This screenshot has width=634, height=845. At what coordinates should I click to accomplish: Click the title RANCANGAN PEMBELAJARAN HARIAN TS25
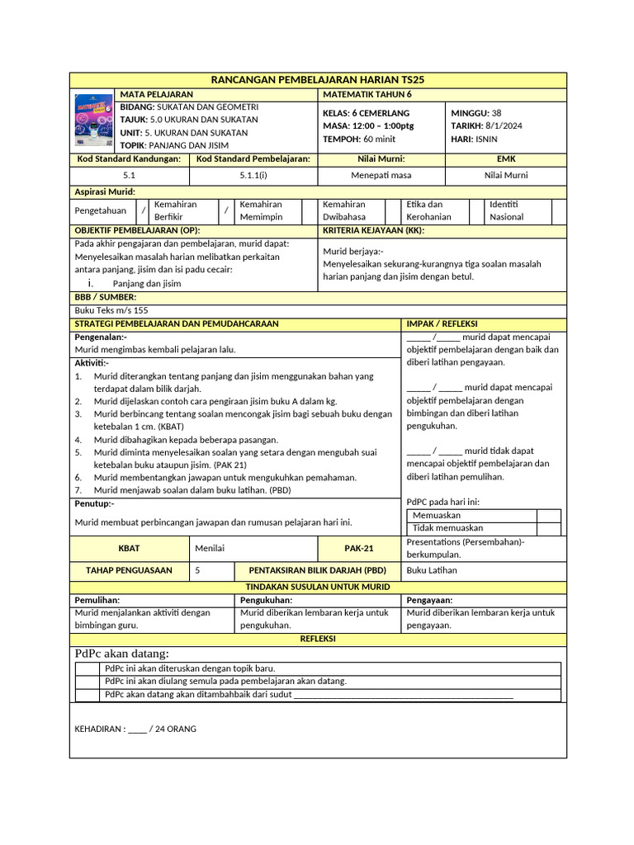pos(318,79)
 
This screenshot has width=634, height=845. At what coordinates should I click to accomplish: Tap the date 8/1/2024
pos(499,125)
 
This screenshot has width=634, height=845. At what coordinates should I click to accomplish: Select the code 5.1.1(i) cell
pos(253,175)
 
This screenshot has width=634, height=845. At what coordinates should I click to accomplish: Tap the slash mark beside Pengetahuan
pos(143,210)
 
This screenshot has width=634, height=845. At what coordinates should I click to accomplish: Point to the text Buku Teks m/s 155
pos(111,310)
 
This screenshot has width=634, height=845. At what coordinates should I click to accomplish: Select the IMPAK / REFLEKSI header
pos(442,323)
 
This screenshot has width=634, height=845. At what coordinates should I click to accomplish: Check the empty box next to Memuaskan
pos(548,515)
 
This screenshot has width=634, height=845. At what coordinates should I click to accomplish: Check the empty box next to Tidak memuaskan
pos(548,528)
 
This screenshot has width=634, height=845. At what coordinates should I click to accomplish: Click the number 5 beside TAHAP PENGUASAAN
pos(197,570)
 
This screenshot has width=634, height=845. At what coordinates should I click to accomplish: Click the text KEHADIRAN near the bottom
pos(100,729)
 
